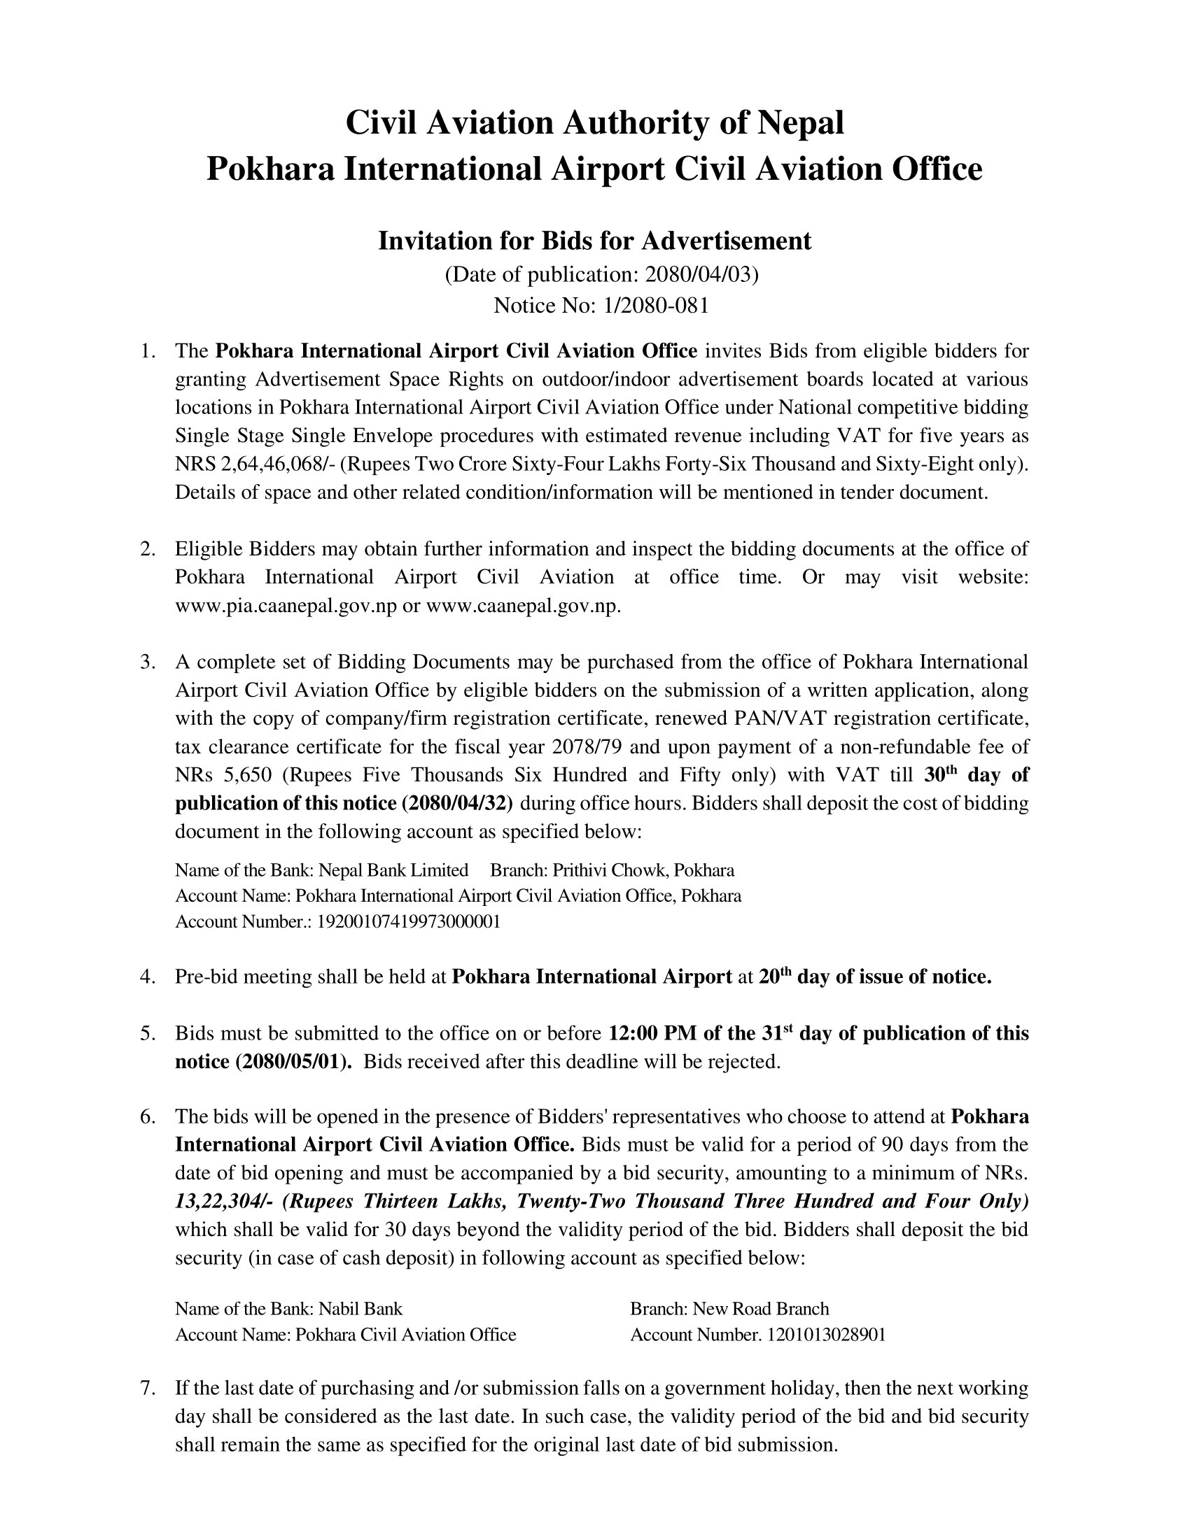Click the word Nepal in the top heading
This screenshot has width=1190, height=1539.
pyautogui.click(x=799, y=122)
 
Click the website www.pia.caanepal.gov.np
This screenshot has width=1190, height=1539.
pyautogui.click(x=286, y=605)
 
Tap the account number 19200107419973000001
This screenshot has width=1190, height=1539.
pyautogui.click(x=409, y=922)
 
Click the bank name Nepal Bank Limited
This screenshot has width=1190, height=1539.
pyautogui.click(x=393, y=870)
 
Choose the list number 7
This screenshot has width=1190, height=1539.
pyautogui.click(x=146, y=1388)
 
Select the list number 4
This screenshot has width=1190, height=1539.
pyautogui.click(x=146, y=977)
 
